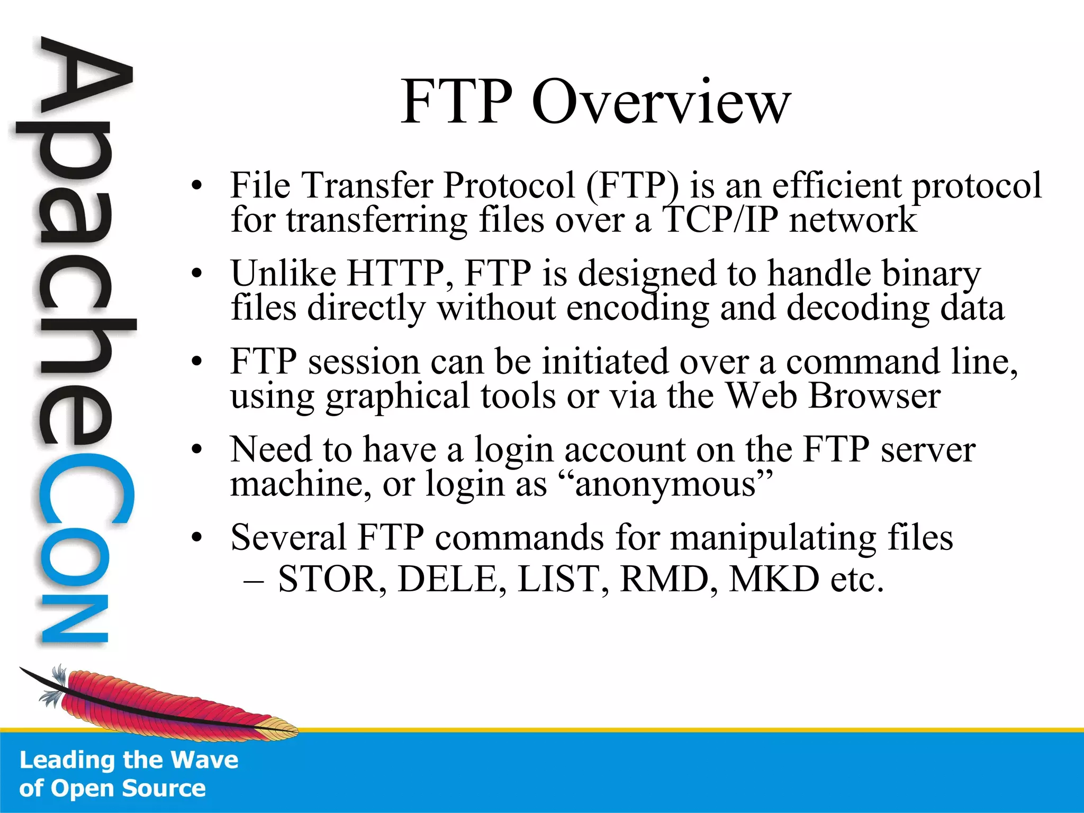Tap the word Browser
875,396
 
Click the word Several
288,538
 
